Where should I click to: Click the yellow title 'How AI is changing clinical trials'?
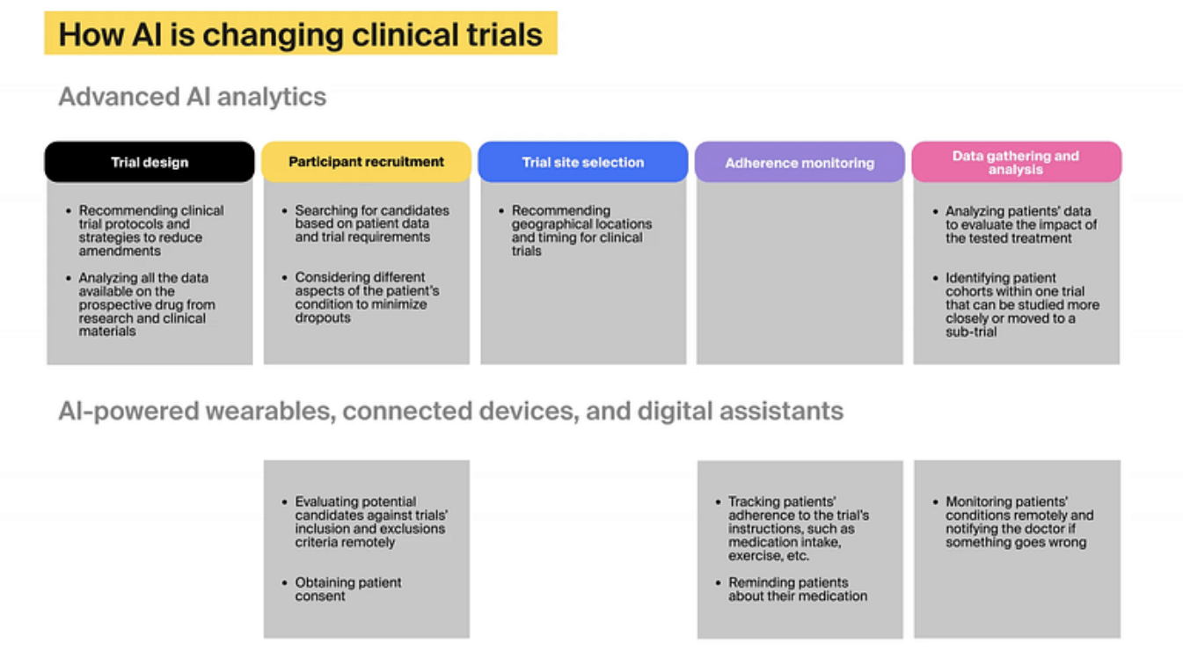click(x=300, y=34)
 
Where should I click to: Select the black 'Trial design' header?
click(x=150, y=162)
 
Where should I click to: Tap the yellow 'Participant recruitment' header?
click(x=366, y=162)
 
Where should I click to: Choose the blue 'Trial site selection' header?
click(x=582, y=162)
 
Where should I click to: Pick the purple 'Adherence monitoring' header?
click(x=800, y=163)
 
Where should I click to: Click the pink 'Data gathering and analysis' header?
click(x=1016, y=162)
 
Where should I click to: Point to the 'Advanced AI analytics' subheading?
click(x=192, y=97)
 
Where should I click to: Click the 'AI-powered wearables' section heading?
click(x=450, y=411)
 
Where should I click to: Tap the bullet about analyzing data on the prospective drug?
click(x=146, y=304)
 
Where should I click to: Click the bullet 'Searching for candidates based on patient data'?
click(x=371, y=223)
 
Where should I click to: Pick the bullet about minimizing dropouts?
click(x=367, y=297)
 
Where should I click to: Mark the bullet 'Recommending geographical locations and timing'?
click(x=581, y=230)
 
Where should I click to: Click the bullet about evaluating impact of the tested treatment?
click(x=1020, y=224)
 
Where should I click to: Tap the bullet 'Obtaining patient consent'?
click(x=348, y=589)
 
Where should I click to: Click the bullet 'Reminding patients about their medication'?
click(x=797, y=589)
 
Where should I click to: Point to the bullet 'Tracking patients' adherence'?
click(x=798, y=529)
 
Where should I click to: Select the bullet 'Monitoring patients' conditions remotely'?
click(x=1019, y=522)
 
